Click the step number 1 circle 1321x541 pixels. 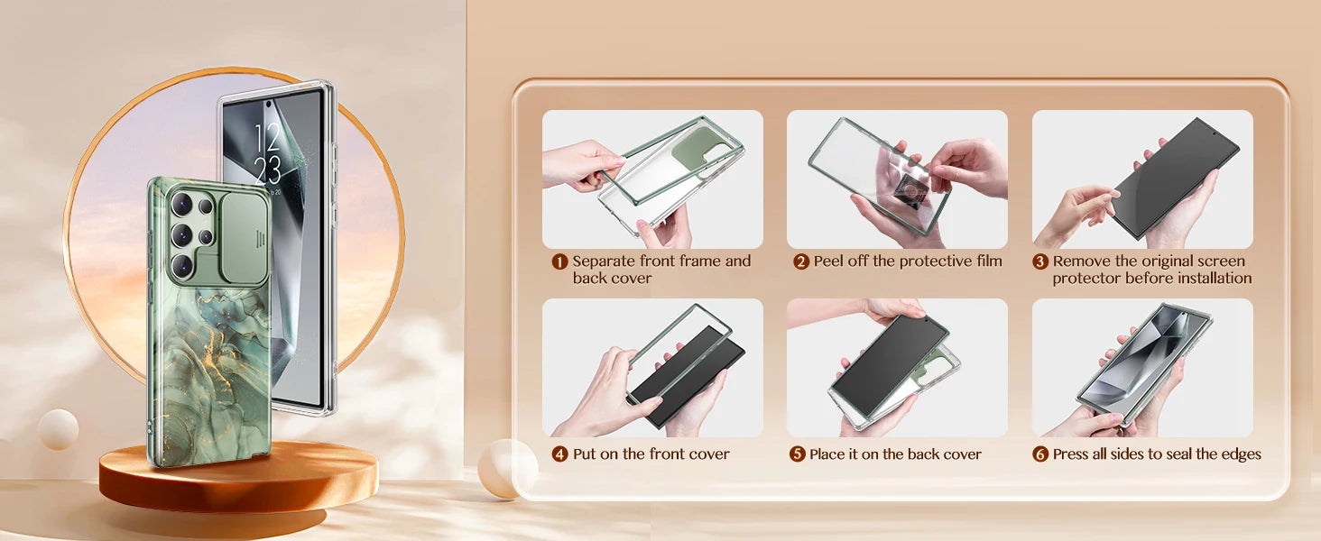[x=559, y=261]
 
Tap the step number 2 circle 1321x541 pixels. [x=800, y=261]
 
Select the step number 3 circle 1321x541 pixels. [x=1040, y=261]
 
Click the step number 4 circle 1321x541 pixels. [x=559, y=454]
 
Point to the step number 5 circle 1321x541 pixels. [x=798, y=454]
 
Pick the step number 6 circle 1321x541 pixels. [x=1040, y=454]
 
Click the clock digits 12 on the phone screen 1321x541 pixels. [x=266, y=138]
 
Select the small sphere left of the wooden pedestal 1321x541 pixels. [x=58, y=428]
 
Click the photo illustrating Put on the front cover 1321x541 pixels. [x=652, y=368]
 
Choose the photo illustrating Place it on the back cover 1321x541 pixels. [x=897, y=368]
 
